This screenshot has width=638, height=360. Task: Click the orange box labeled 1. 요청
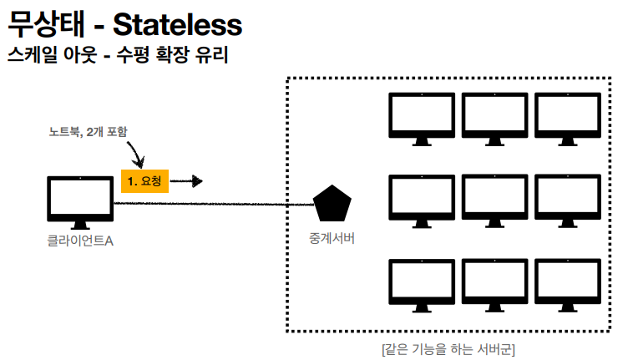[x=144, y=181]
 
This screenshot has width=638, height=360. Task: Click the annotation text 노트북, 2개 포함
[x=88, y=132]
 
